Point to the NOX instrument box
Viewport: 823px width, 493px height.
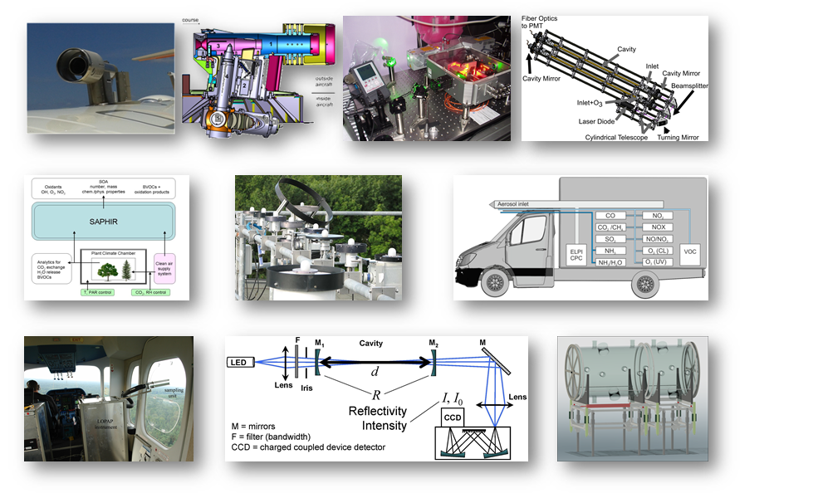(x=660, y=227)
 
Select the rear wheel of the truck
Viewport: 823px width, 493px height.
(x=646, y=284)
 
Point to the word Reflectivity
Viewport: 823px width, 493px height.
(x=380, y=412)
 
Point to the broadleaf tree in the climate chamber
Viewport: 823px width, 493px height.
(x=105, y=268)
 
